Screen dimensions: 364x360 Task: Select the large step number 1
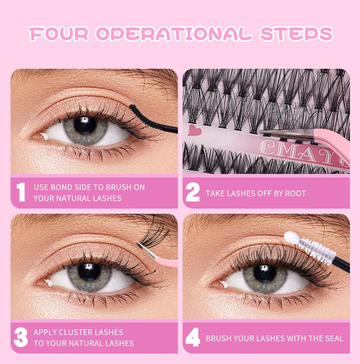20,193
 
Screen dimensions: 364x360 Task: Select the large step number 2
193,193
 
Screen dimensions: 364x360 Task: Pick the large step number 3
20,337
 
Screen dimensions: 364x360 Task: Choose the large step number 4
193,337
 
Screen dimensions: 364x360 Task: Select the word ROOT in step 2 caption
294,193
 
